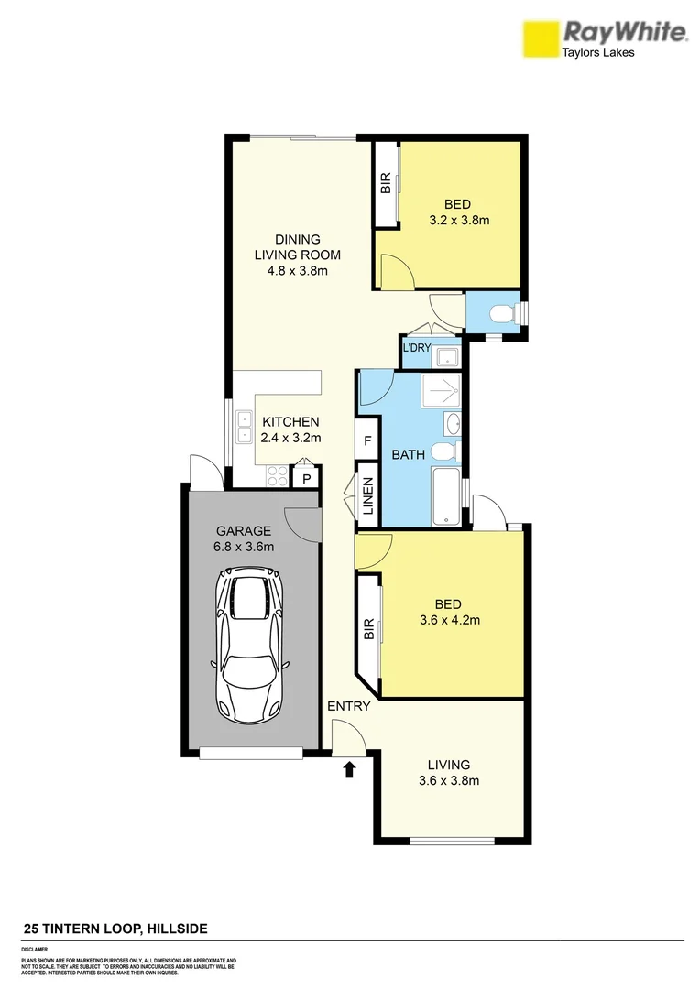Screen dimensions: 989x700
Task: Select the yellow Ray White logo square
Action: coord(540,39)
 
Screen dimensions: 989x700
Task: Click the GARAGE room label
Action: coord(243,530)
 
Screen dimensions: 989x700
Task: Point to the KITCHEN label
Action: coord(290,422)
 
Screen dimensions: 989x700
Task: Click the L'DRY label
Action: coord(416,348)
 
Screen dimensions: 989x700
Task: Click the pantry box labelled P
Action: coord(305,478)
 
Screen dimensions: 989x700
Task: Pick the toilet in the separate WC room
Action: coord(501,315)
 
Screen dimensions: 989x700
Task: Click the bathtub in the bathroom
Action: coord(447,497)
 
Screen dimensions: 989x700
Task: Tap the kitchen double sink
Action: coord(245,428)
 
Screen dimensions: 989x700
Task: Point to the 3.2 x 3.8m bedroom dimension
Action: coord(459,220)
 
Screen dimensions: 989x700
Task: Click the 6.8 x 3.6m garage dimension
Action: coord(243,547)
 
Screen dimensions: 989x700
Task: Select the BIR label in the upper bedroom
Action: coord(386,183)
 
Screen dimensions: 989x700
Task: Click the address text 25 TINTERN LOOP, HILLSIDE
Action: coord(115,929)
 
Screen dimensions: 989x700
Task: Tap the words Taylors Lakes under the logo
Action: coord(596,53)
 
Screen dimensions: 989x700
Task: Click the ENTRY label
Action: coord(349,706)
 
